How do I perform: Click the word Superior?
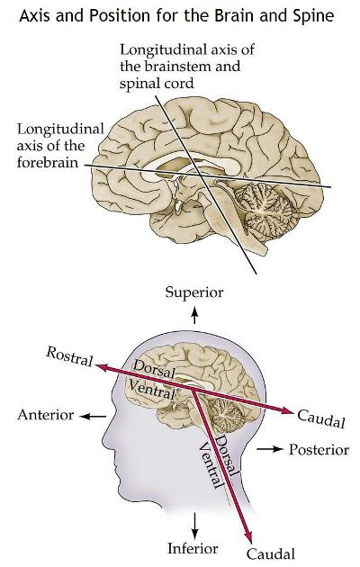tap(194, 292)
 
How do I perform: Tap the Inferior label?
tap(193, 548)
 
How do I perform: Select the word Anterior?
tap(46, 415)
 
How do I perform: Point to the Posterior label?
tap(319, 449)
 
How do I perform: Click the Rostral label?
tap(69, 356)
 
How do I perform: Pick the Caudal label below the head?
tap(271, 553)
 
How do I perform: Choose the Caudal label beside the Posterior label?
tap(321, 418)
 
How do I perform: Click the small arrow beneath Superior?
tap(194, 315)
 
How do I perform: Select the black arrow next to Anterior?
tap(93, 417)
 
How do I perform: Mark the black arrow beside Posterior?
tap(269, 449)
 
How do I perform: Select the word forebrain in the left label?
tap(48, 162)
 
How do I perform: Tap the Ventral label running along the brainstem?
tap(211, 466)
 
